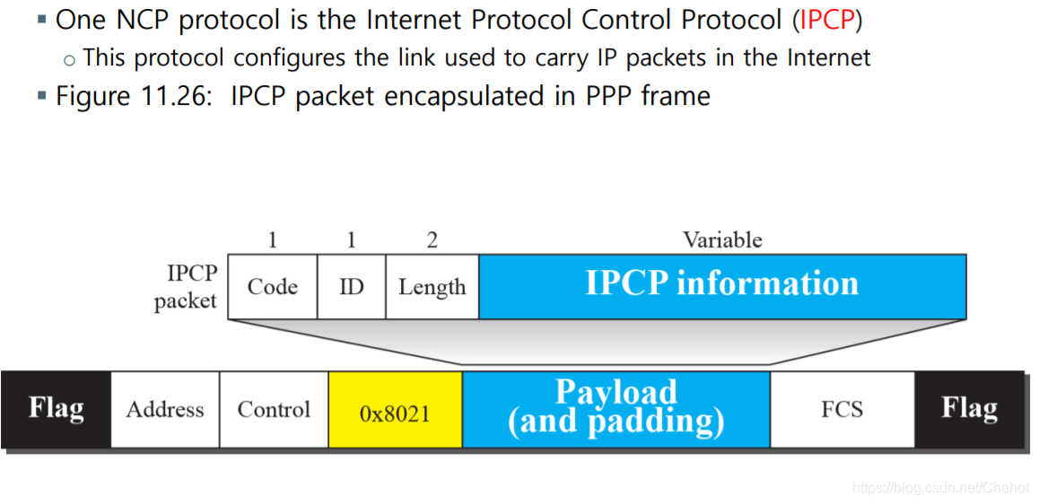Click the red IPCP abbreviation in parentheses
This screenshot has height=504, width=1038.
click(828, 19)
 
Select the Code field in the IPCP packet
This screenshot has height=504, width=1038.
click(273, 287)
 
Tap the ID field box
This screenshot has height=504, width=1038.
click(352, 287)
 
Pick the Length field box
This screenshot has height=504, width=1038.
click(432, 287)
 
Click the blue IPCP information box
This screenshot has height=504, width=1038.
click(722, 285)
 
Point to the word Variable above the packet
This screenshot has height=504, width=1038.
click(722, 239)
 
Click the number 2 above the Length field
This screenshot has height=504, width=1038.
click(432, 239)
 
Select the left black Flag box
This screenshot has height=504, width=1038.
click(56, 409)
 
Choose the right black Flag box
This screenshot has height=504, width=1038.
click(969, 409)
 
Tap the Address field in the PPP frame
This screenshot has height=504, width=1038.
click(165, 409)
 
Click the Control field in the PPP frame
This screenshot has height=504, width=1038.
click(274, 409)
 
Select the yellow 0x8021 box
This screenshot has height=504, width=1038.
click(395, 412)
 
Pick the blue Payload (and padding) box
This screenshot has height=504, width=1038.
click(615, 407)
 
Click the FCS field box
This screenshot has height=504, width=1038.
click(842, 409)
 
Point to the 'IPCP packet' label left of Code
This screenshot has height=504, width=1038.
click(186, 287)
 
